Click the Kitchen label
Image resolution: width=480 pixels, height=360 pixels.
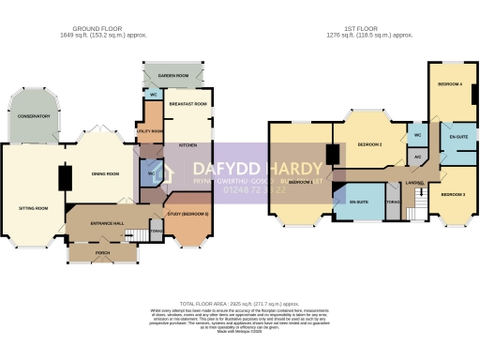click(x=187, y=145)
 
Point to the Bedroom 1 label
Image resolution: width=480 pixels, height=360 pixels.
click(x=300, y=181)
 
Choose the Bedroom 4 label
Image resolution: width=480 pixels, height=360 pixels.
click(x=450, y=84)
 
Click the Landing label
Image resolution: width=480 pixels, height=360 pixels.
click(x=414, y=182)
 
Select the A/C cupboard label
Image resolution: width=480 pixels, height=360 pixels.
click(x=417, y=157)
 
